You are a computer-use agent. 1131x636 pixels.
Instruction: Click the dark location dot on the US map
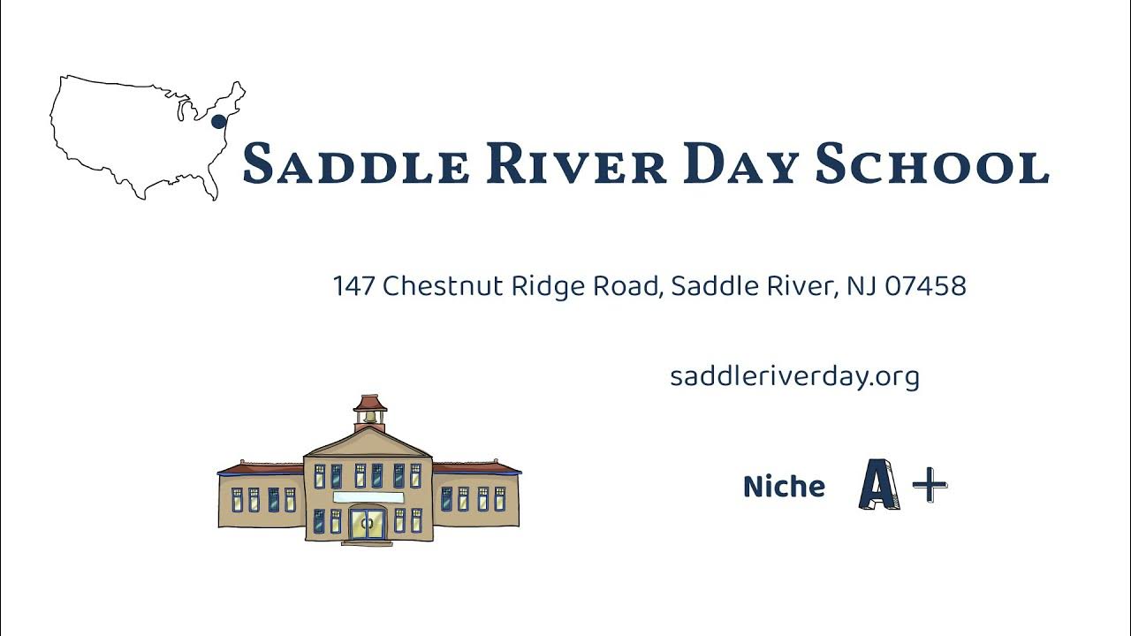tap(218, 122)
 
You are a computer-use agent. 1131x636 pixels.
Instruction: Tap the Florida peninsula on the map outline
tap(212, 188)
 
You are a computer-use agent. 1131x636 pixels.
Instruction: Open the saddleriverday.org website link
tap(794, 377)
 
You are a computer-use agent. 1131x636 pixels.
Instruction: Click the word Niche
tap(784, 487)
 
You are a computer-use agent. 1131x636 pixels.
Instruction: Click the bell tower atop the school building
tap(370, 413)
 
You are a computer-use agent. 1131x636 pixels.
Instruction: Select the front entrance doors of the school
tap(368, 523)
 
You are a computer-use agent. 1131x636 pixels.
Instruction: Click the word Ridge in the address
tap(542, 286)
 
